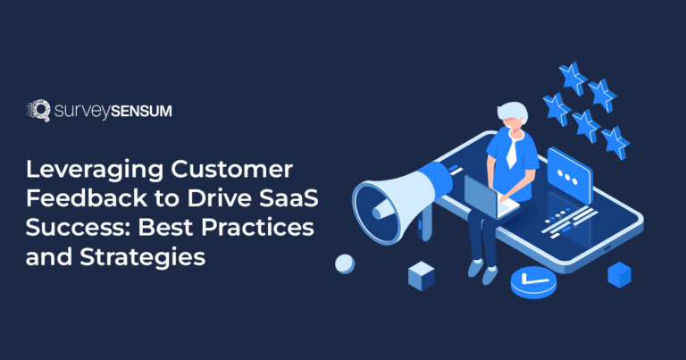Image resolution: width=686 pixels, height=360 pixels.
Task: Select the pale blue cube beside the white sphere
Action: (x=421, y=276)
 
